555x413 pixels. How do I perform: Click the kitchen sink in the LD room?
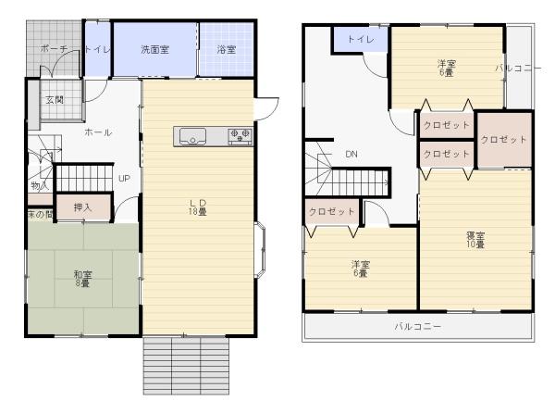coord(192,136)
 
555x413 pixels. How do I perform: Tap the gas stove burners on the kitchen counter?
coord(240,136)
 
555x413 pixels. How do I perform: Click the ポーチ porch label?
coord(54,49)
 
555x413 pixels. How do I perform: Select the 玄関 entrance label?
coord(55,100)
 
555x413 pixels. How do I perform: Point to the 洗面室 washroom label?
coord(154,50)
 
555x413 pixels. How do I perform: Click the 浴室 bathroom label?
coord(227,50)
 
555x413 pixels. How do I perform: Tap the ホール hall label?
coord(98,132)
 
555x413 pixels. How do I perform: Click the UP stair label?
coord(124,179)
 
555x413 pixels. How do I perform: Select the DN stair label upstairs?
coord(351,154)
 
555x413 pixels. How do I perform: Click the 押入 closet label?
coord(83,207)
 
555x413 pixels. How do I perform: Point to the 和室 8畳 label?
coord(82,279)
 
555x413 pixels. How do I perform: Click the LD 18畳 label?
coord(198,207)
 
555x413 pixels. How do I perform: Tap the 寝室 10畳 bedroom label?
coord(475,240)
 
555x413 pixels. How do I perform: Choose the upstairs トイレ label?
coord(361,39)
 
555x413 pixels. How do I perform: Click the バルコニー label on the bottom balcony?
coord(418,326)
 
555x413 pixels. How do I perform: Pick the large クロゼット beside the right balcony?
coord(504,140)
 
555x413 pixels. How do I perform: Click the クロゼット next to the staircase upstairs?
coord(332,212)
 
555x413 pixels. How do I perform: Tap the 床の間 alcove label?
coord(40,214)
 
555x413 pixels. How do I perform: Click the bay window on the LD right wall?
coord(260,250)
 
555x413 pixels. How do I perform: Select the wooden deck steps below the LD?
coord(186,366)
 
